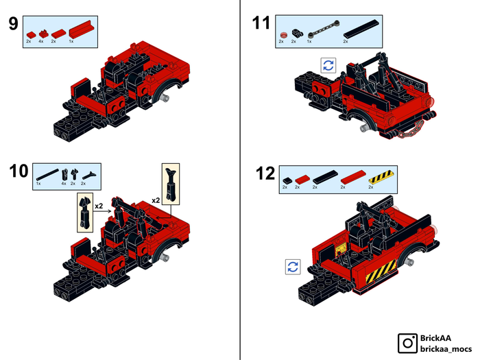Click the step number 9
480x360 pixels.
pos(14,24)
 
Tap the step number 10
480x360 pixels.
pos(19,171)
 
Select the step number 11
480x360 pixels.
pos(261,23)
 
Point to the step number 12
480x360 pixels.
pos(265,173)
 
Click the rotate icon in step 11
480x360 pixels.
pos(328,65)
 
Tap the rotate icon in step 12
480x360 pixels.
pos(293,267)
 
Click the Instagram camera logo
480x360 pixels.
pos(408,343)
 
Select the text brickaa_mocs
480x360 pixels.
pos(446,349)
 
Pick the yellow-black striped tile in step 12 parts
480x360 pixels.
pos(381,177)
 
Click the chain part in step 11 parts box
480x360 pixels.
pos(324,30)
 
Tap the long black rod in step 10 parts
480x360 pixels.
pos(47,174)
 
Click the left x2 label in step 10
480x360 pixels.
pos(99,206)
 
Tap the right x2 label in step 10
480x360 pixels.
pos(156,200)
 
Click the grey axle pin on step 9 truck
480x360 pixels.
pos(166,97)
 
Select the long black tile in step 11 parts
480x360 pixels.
pos(361,29)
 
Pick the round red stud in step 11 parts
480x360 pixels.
pos(283,34)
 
